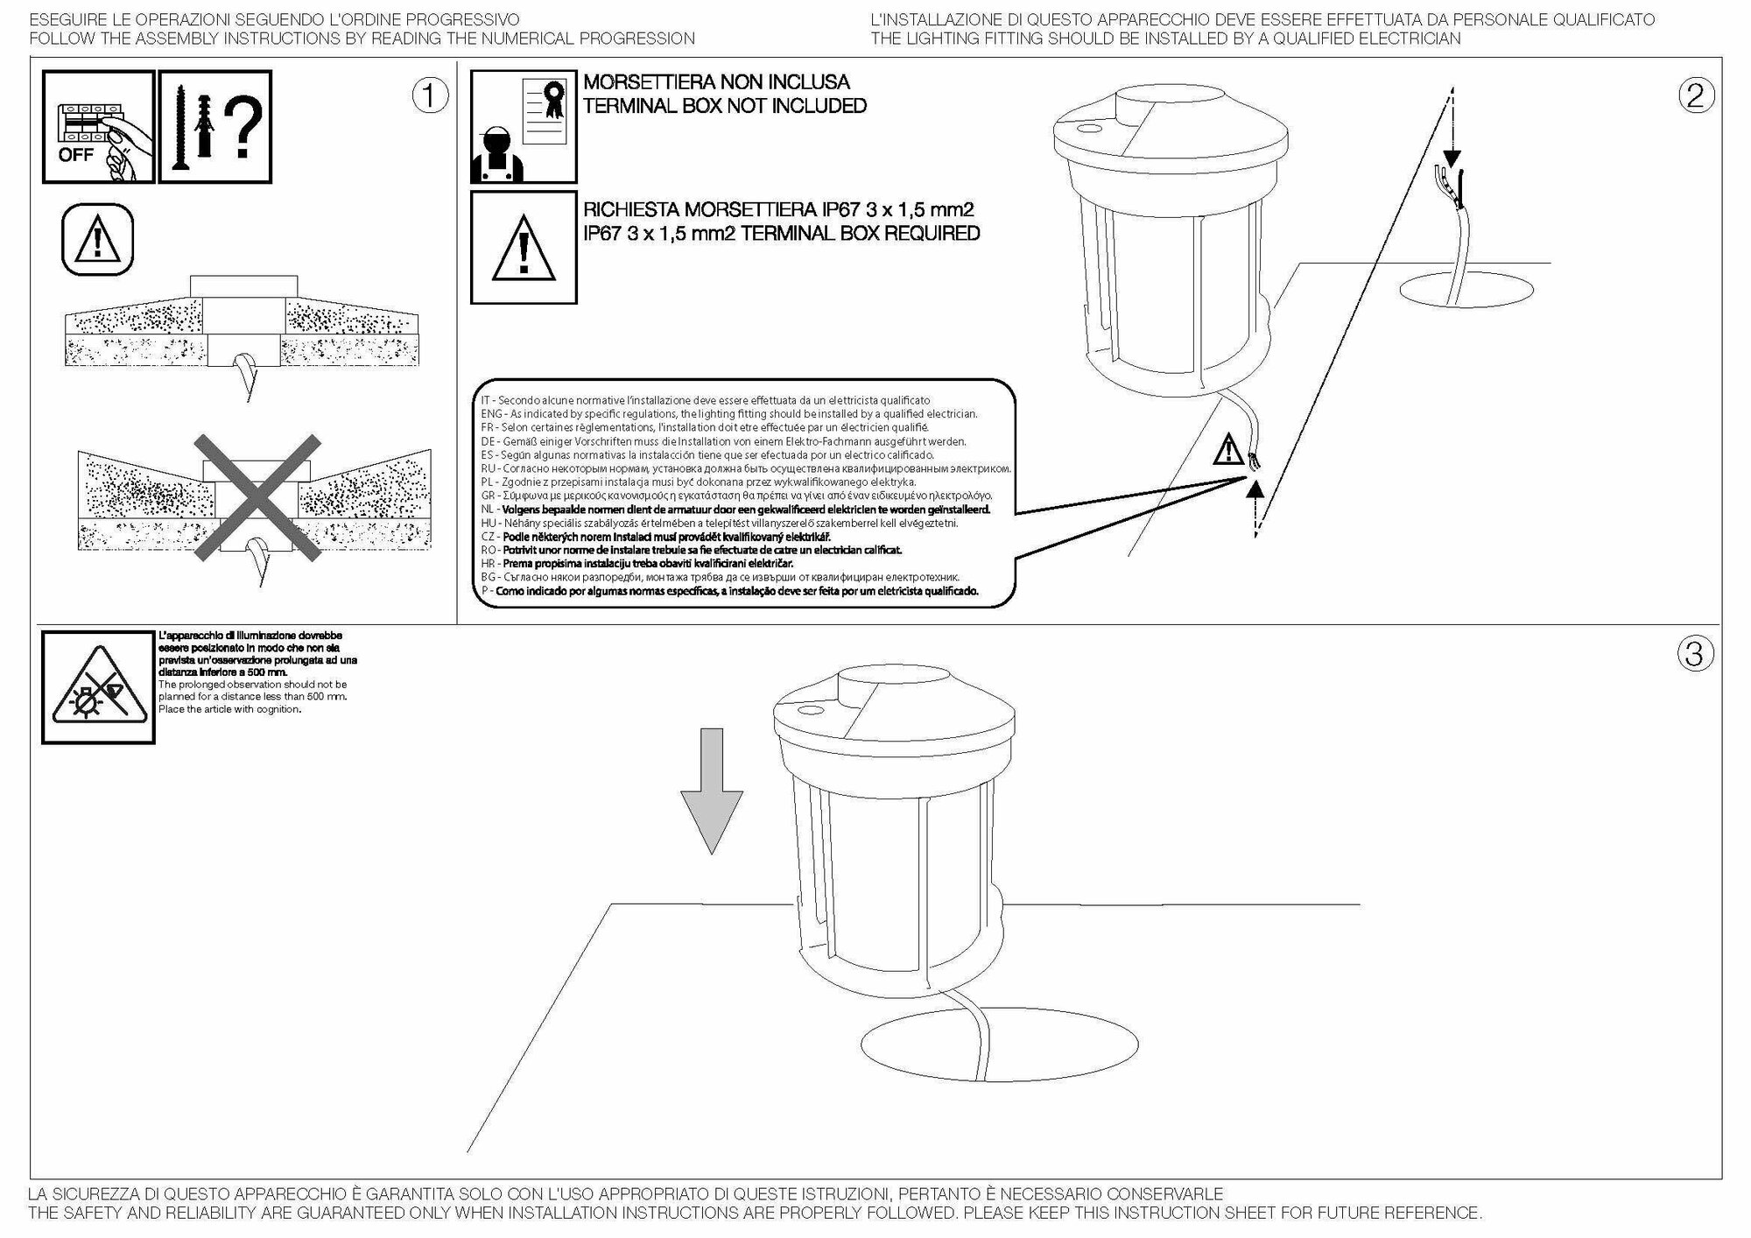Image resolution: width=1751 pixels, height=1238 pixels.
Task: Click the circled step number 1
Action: point(430,96)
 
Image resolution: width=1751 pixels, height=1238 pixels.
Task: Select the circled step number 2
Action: point(1695,95)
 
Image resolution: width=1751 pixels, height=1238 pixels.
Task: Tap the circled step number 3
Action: point(1694,653)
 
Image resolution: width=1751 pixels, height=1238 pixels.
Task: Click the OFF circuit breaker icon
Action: point(98,127)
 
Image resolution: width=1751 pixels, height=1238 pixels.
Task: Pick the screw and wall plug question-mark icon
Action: point(215,127)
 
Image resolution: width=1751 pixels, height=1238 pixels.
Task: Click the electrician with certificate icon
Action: point(524,127)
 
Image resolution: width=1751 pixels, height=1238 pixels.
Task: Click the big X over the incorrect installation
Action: point(255,498)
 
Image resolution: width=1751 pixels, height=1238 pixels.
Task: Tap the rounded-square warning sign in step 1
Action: point(98,240)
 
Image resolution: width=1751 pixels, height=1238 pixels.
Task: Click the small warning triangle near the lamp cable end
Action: point(1228,451)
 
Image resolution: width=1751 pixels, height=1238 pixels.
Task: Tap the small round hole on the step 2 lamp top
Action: point(1088,128)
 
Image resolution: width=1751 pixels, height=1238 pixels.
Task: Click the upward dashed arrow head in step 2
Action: point(1255,490)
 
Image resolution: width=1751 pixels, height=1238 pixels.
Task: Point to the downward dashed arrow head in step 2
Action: point(1452,158)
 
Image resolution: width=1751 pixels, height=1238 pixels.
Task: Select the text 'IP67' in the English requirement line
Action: point(603,234)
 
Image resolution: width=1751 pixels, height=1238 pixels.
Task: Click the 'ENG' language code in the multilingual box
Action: point(492,414)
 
